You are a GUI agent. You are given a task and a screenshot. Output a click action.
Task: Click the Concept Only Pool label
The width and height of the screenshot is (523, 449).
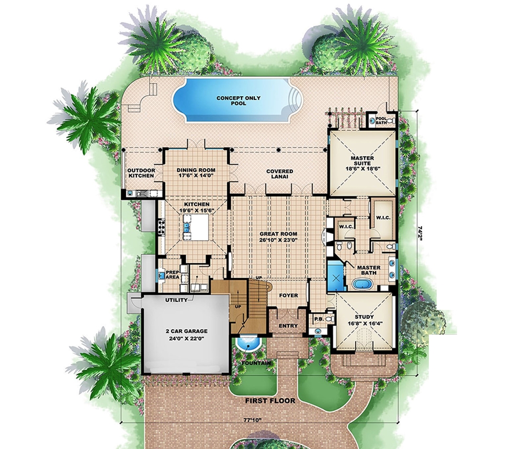[231, 101]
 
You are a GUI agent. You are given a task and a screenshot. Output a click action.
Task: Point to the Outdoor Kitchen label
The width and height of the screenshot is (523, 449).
[142, 173]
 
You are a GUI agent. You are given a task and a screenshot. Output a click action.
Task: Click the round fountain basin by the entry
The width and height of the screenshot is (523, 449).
[247, 344]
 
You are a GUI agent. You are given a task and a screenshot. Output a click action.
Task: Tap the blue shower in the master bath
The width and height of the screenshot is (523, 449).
[334, 276]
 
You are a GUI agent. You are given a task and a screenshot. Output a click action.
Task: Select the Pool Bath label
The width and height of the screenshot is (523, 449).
[382, 120]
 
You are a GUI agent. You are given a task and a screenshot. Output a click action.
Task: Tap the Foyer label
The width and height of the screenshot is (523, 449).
[288, 296]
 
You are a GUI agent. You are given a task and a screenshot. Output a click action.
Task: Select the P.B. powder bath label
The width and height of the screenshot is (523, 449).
[317, 317]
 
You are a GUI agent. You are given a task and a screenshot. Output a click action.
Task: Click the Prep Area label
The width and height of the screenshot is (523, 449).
[173, 274]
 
